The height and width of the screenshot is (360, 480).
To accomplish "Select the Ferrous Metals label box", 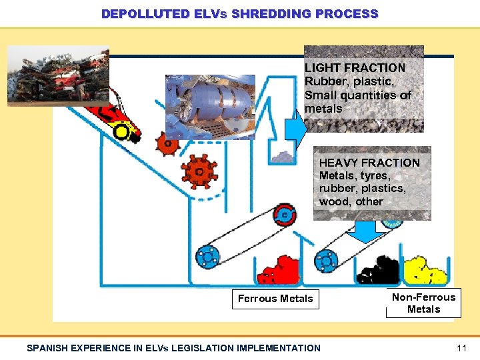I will [x=275, y=299].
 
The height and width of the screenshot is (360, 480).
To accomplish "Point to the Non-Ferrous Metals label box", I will [x=423, y=303].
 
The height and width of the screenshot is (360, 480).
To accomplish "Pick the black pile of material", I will [x=378, y=269].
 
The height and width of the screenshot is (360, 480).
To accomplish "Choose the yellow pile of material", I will [x=425, y=269].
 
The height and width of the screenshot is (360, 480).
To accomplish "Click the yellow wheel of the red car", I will [x=121, y=131].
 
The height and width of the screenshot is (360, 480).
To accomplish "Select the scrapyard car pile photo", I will [x=57, y=75].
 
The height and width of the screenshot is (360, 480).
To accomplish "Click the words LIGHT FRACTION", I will [x=355, y=68].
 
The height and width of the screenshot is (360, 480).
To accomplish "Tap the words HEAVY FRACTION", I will [x=369, y=163].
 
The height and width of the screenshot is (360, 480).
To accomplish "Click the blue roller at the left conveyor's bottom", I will [x=207, y=257].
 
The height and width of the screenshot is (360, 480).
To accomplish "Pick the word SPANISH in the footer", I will [x=49, y=347].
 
